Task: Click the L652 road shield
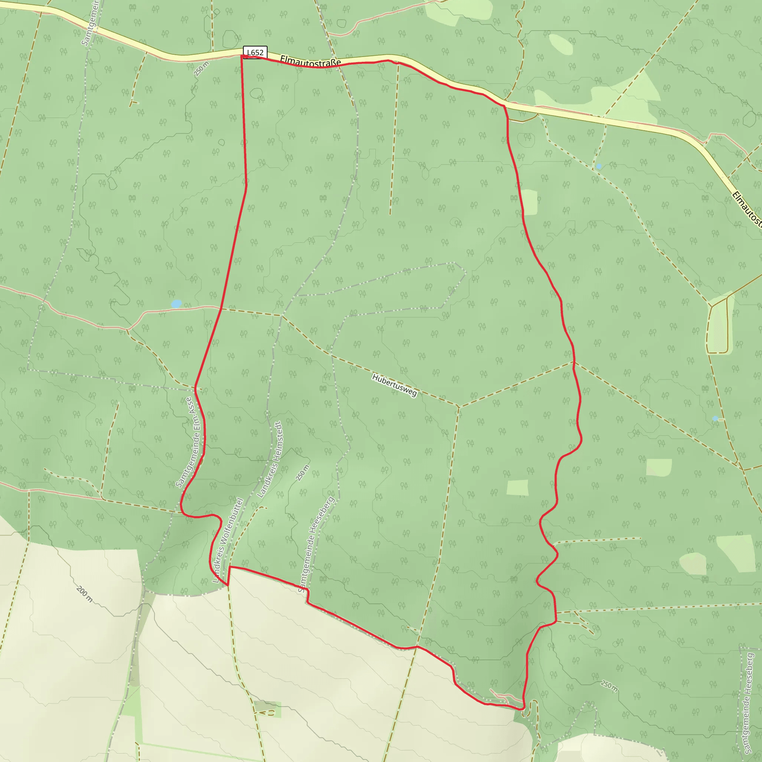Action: (x=255, y=52)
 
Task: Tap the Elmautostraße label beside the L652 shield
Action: (x=310, y=61)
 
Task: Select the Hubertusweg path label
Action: (x=394, y=385)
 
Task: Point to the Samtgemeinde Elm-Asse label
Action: (x=190, y=442)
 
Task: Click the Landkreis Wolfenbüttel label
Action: (x=228, y=540)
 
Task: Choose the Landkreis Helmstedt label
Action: (x=270, y=460)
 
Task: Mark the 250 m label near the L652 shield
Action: (x=201, y=68)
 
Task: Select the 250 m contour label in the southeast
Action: (x=609, y=686)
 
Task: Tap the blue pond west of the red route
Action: (x=176, y=304)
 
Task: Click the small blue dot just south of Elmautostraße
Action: (x=599, y=166)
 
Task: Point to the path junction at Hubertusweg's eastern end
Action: (x=458, y=406)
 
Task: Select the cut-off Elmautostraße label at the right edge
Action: (x=747, y=209)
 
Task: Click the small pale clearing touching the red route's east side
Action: (x=530, y=202)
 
